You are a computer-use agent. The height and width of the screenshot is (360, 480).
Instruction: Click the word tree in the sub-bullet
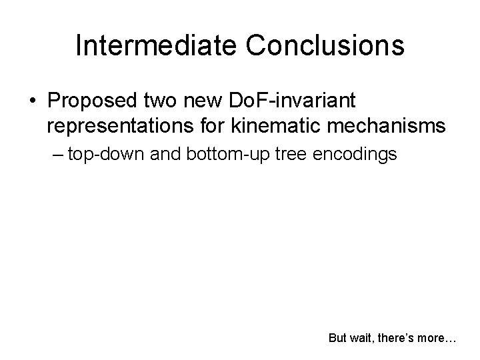point(281,155)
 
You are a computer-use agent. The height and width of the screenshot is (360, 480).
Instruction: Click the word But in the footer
point(338,338)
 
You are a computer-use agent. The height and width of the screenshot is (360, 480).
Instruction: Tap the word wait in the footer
point(362,338)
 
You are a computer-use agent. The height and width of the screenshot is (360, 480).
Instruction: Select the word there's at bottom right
point(397,338)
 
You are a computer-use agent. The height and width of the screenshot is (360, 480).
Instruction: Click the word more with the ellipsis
point(439,338)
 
